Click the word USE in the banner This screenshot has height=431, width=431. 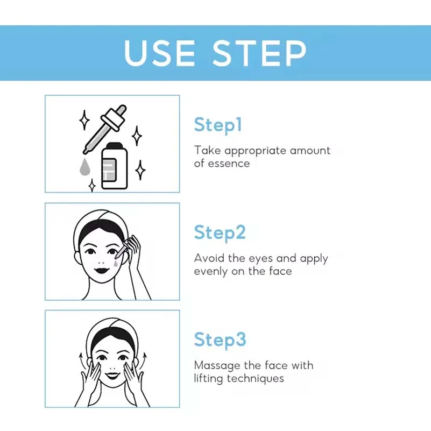[160, 53]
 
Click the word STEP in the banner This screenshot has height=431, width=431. [259, 53]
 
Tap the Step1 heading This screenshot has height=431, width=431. [218, 125]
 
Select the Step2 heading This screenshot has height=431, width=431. [220, 232]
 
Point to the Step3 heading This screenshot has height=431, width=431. [220, 340]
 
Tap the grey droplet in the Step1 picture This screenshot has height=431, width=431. [84, 167]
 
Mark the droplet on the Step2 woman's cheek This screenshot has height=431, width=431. [116, 264]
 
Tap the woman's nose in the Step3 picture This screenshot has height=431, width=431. [111, 364]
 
